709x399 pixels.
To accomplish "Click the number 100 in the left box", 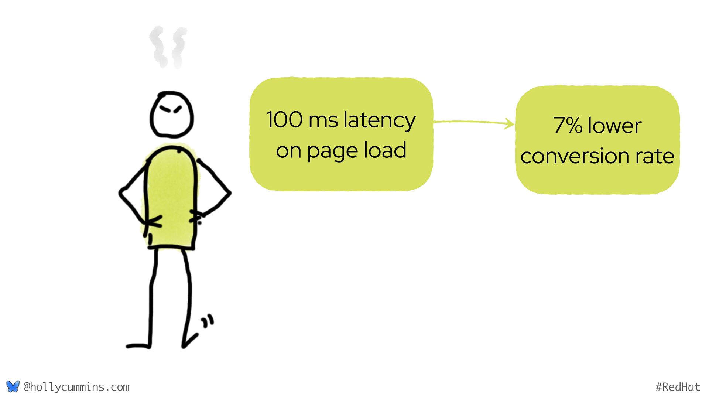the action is pos(284,120).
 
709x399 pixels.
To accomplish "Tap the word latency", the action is pos(379,121).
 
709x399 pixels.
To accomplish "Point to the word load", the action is pos(385,150).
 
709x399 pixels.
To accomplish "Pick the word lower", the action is pos(614,126).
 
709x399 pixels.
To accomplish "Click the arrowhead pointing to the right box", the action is pos(510,124).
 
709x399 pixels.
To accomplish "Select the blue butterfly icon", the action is pos(13,386).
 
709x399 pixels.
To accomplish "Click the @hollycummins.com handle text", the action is pos(76,387).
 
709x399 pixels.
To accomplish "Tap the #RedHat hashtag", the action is pos(678,387).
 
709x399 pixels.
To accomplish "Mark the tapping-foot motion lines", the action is pos(208,321).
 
